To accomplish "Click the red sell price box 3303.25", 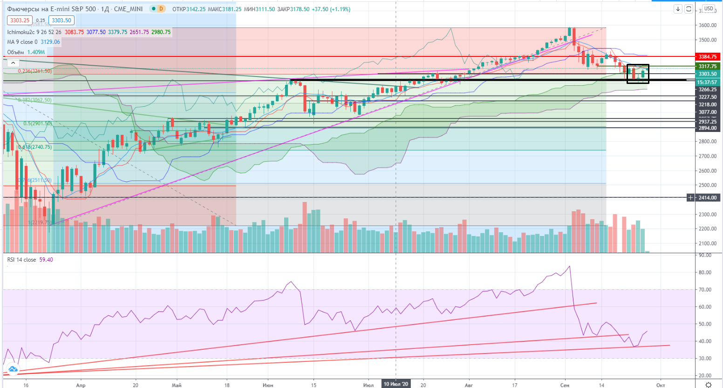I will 20,21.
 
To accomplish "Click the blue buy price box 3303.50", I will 61,21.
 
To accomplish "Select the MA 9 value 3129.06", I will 50,42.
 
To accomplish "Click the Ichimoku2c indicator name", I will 21,32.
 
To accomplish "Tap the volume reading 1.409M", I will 36,52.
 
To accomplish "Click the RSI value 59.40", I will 46,260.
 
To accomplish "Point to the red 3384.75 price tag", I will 707,57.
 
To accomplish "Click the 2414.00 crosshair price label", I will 707,198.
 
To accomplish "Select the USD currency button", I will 709,8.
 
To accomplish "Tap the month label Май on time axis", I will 177,385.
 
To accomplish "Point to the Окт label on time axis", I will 660,385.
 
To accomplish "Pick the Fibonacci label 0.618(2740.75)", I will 35,147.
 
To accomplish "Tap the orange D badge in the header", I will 161,9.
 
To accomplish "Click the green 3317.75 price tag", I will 707,67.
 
